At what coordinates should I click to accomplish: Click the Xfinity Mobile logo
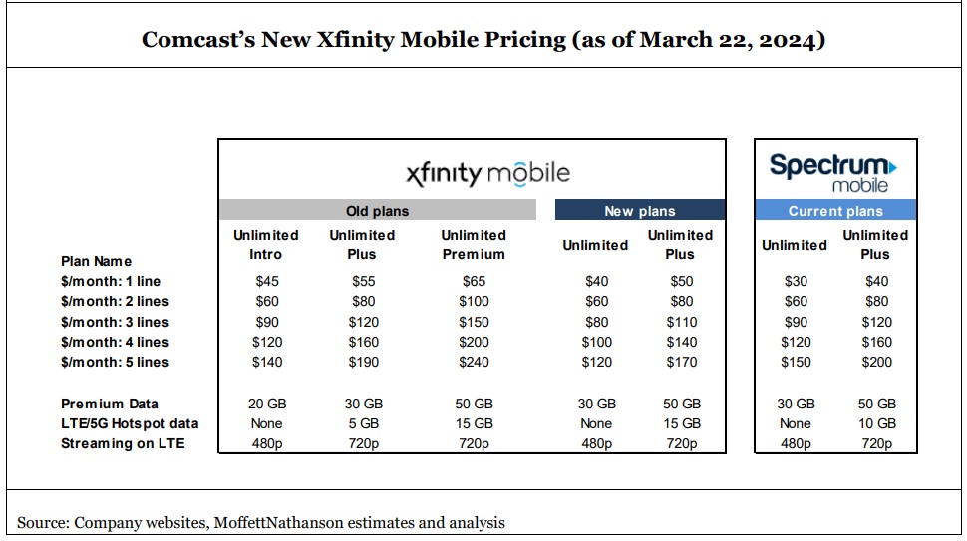488,173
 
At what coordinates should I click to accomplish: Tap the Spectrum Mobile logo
833,173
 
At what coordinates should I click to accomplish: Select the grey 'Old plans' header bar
377,210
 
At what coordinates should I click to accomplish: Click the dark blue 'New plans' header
639,210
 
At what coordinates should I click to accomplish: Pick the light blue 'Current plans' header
835,210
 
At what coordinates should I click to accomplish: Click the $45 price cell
266,281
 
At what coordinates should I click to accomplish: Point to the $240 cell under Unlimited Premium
474,362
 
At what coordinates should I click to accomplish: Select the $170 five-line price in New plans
681,362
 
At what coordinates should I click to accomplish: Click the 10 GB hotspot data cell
875,423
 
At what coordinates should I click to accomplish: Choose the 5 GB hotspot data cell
363,423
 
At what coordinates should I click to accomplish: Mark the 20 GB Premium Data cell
266,404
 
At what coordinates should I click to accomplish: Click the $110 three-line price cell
681,322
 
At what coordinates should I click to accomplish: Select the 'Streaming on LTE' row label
123,443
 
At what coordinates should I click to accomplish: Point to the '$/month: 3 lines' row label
115,322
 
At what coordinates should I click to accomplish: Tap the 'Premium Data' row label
109,404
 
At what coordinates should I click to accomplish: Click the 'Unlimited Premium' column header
474,244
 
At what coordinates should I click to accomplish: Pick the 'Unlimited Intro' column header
266,244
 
